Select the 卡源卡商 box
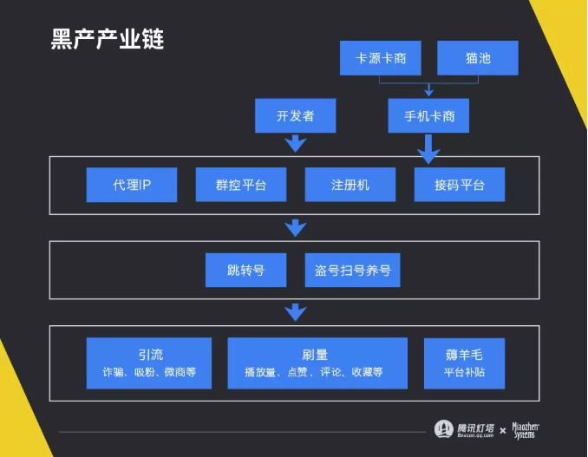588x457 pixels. (382, 59)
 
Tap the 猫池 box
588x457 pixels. (477, 59)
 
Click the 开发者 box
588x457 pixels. (296, 115)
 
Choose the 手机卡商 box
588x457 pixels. (428, 115)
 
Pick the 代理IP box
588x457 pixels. (132, 185)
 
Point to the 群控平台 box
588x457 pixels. (241, 185)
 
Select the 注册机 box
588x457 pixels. (350, 185)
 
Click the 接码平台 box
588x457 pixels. (460, 185)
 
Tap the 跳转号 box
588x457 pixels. (245, 270)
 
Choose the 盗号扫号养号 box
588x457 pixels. (353, 270)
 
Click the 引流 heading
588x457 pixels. (149, 355)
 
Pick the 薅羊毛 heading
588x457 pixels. (464, 355)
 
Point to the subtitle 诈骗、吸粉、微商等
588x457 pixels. (149, 372)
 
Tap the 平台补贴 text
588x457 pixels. (464, 372)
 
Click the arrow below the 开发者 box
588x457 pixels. (296, 143)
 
